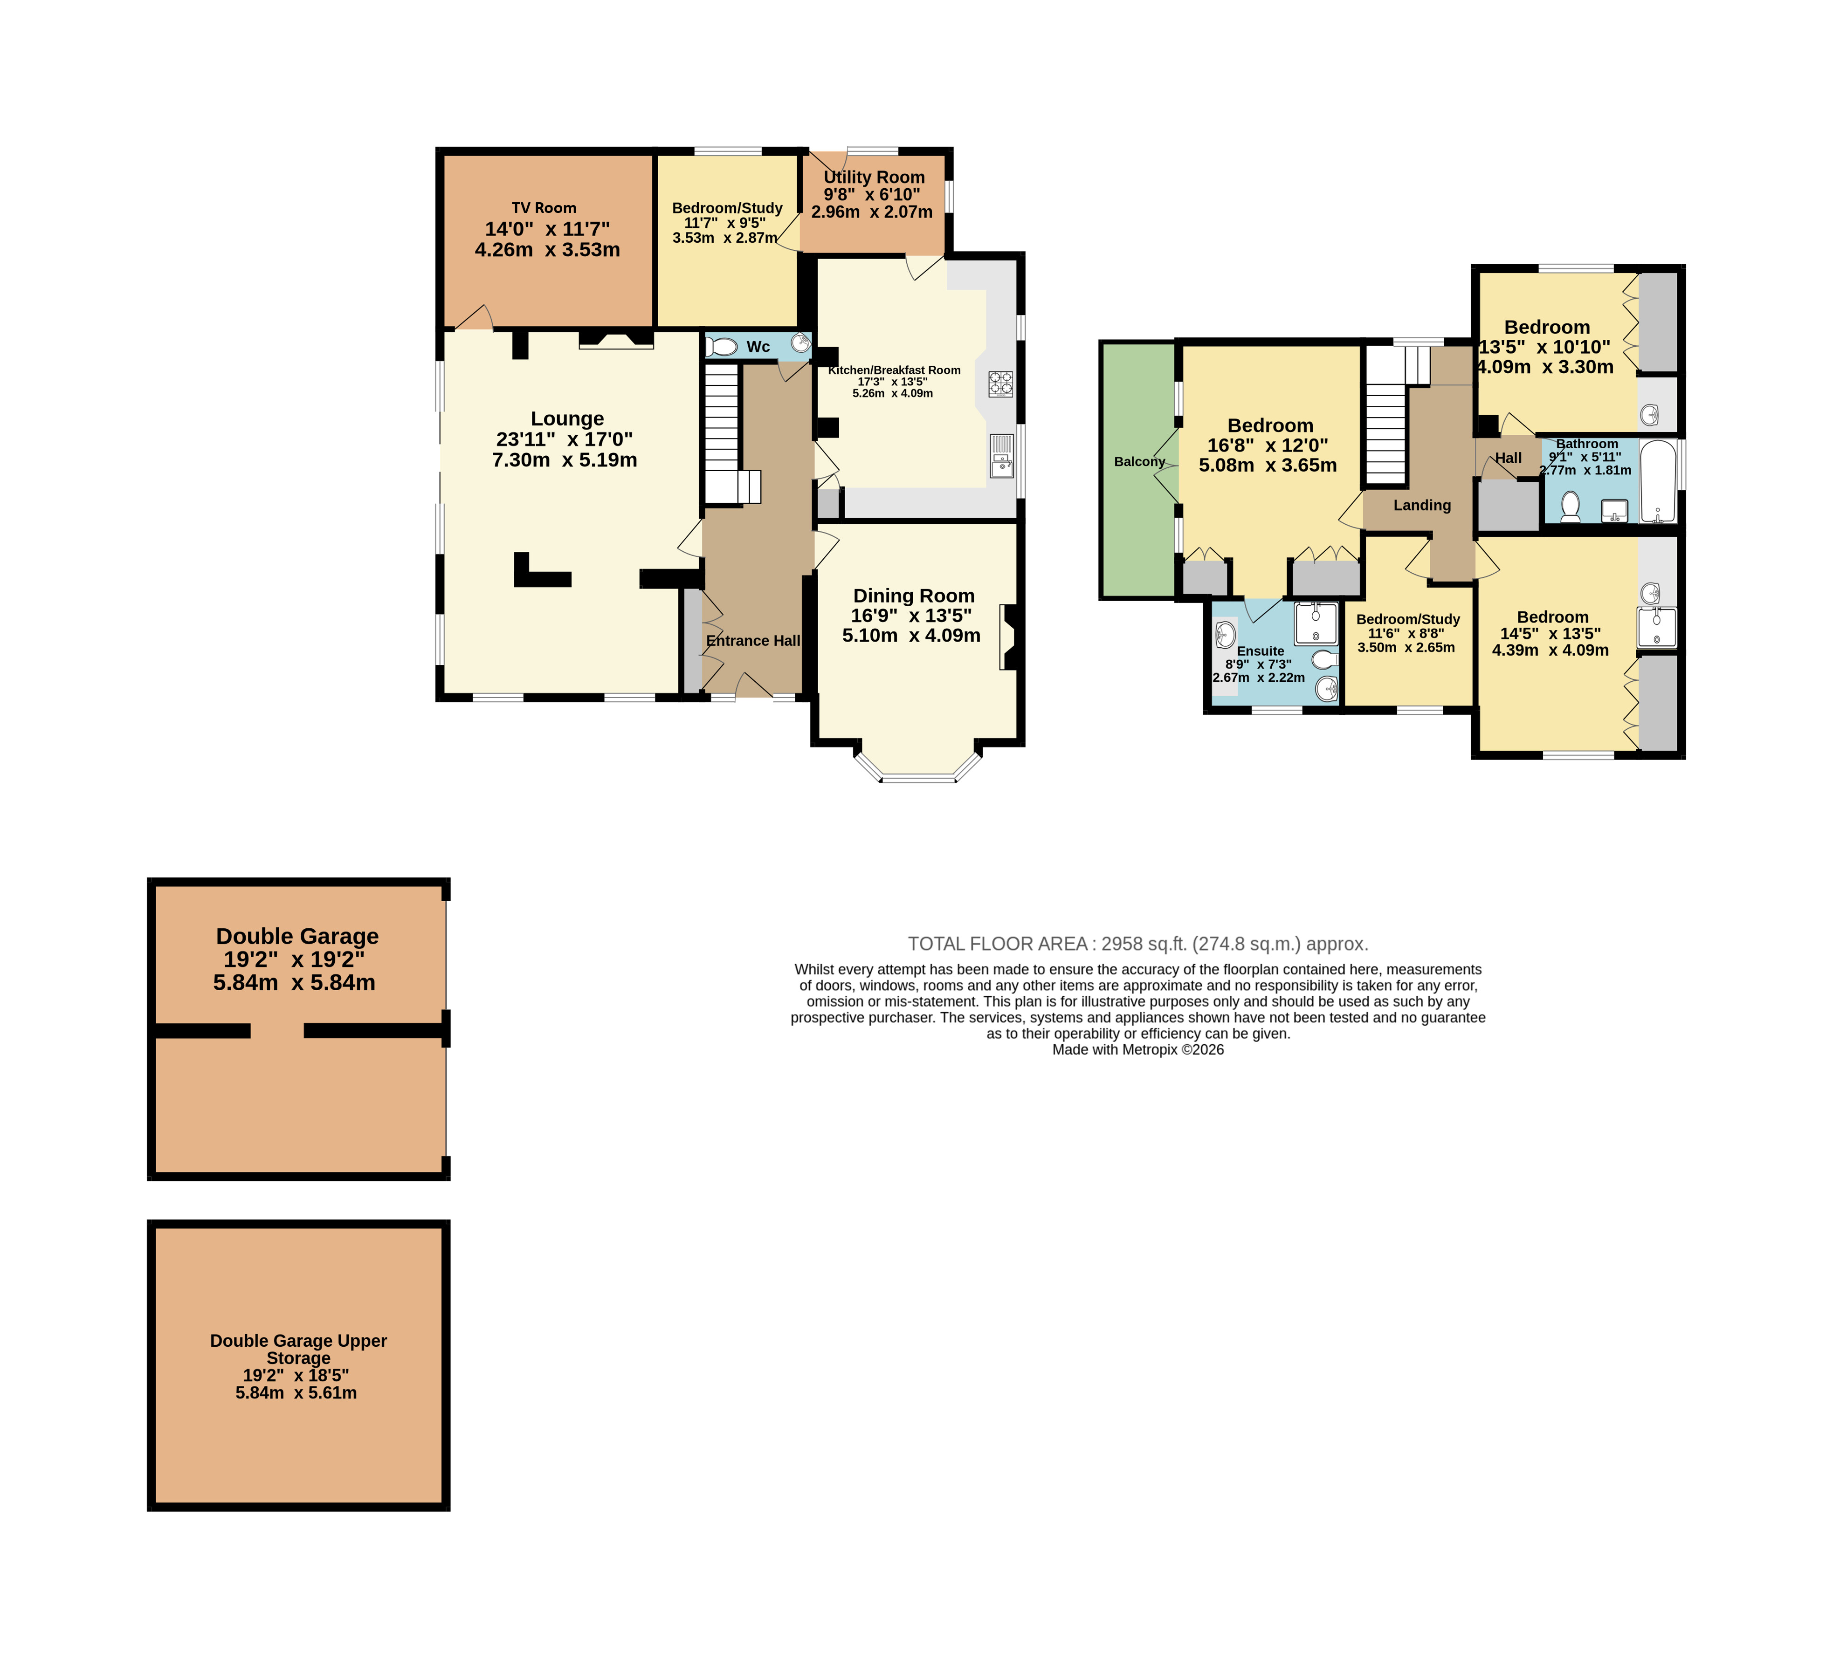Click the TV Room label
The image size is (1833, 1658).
click(544, 208)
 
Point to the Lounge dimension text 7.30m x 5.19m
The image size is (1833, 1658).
click(565, 460)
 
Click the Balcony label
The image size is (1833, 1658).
click(1139, 462)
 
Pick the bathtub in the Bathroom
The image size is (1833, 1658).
click(1658, 482)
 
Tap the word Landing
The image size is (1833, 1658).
click(1422, 506)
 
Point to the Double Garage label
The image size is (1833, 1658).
click(297, 936)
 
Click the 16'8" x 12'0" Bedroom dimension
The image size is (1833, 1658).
click(1268, 445)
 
